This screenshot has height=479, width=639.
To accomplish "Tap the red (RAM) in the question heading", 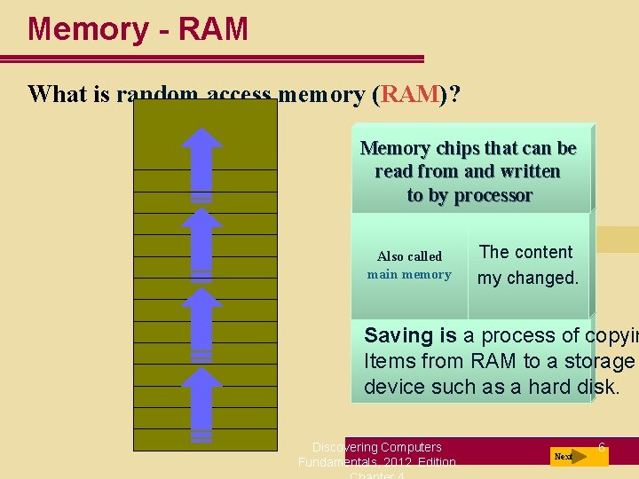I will [x=409, y=94].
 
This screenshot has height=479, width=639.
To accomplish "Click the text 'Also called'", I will [x=409, y=256].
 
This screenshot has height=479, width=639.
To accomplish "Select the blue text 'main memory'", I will [x=409, y=274].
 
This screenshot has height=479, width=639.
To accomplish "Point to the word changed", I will [x=542, y=278].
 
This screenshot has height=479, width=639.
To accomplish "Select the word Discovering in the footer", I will [x=346, y=446].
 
